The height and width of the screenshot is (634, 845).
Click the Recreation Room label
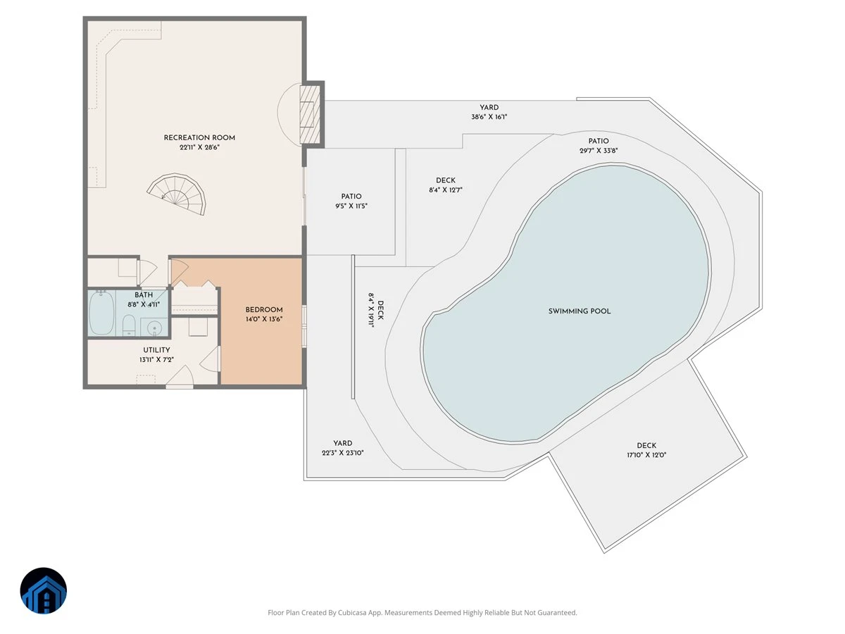pos(199,138)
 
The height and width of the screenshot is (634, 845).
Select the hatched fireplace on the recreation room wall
pos(311,114)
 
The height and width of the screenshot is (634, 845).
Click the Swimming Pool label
pos(580,311)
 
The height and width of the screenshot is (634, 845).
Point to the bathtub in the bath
pos(101,313)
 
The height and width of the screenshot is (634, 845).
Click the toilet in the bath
pos(129,325)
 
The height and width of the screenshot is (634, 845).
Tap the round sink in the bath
pos(154,328)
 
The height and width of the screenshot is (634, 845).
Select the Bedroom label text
pos(264,309)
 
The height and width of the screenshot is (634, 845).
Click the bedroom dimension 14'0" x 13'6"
pos(264,319)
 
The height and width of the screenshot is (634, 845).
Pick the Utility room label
pos(157,350)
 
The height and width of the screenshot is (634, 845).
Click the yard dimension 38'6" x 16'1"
pos(489,117)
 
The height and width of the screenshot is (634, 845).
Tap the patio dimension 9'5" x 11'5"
pos(351,206)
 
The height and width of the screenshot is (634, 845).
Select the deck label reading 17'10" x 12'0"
pos(646,455)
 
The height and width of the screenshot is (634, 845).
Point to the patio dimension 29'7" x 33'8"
pos(599,151)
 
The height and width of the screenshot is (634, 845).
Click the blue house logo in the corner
pos(44,590)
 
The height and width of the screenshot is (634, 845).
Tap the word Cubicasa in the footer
pos(352,612)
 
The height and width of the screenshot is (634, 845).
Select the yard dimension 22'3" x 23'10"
pos(343,453)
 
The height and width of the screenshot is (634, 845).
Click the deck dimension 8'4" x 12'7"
pos(446,189)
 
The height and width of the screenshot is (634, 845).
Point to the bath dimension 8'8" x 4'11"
pos(144,304)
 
